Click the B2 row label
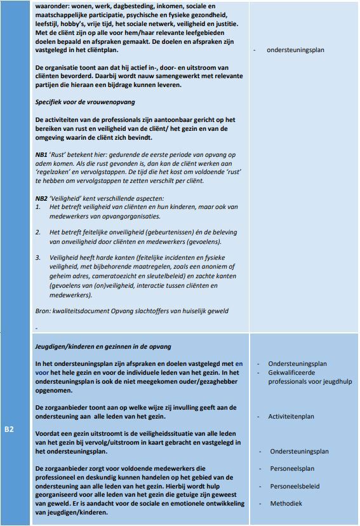click(9, 430)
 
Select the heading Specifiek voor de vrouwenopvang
click(85, 102)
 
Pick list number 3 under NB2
click(38, 257)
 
